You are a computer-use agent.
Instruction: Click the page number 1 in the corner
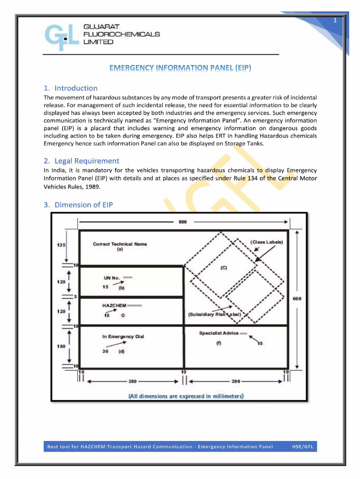coord(335,21)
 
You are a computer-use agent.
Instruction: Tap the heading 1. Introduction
coord(71,88)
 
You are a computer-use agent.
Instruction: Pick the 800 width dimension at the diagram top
coord(183,222)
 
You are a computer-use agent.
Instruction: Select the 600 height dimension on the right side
coord(297,299)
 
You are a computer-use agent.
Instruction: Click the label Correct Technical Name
coord(120,244)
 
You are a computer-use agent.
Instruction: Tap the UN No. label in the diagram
coord(112,278)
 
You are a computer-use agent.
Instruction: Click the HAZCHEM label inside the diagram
coord(114,305)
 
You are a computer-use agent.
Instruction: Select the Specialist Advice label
coord(218,333)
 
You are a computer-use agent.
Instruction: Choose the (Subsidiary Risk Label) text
coord(214,314)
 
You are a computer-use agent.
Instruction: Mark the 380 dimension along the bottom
coord(133,381)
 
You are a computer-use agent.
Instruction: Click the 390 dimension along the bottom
coord(235,381)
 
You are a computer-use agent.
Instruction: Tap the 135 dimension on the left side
coord(61,245)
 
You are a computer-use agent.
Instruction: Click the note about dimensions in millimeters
coord(186,396)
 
